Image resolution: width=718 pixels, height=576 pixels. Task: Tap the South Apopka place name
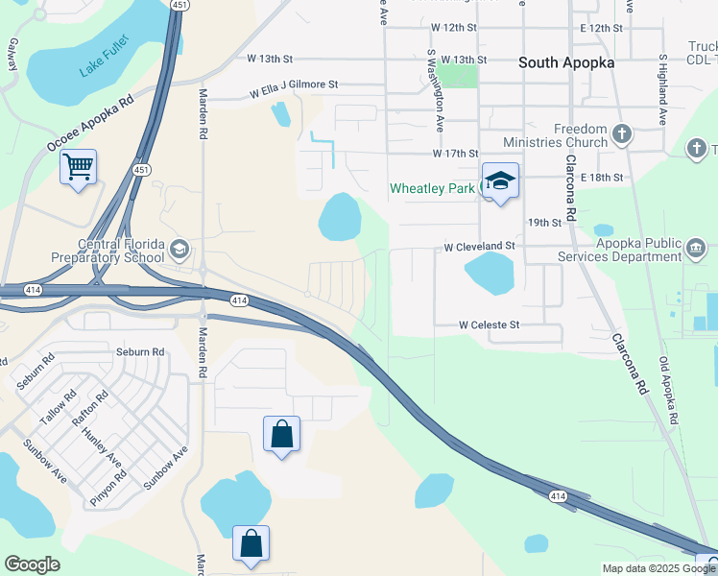(565, 62)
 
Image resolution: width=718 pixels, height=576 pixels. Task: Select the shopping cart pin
(78, 167)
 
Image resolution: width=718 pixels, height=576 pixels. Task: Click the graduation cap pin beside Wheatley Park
(500, 180)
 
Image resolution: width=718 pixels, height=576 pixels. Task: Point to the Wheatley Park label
(432, 188)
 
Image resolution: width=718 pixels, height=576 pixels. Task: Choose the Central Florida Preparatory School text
(121, 251)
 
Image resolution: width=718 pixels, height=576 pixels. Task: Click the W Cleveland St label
(479, 247)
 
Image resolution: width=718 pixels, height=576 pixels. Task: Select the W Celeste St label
(489, 325)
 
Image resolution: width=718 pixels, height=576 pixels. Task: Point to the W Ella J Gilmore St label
(294, 87)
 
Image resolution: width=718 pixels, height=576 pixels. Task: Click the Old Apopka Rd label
(669, 390)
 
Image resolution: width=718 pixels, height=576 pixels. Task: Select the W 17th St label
(455, 154)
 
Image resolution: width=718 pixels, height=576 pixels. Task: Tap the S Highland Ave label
(661, 91)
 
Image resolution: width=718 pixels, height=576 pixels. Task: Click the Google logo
(33, 564)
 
